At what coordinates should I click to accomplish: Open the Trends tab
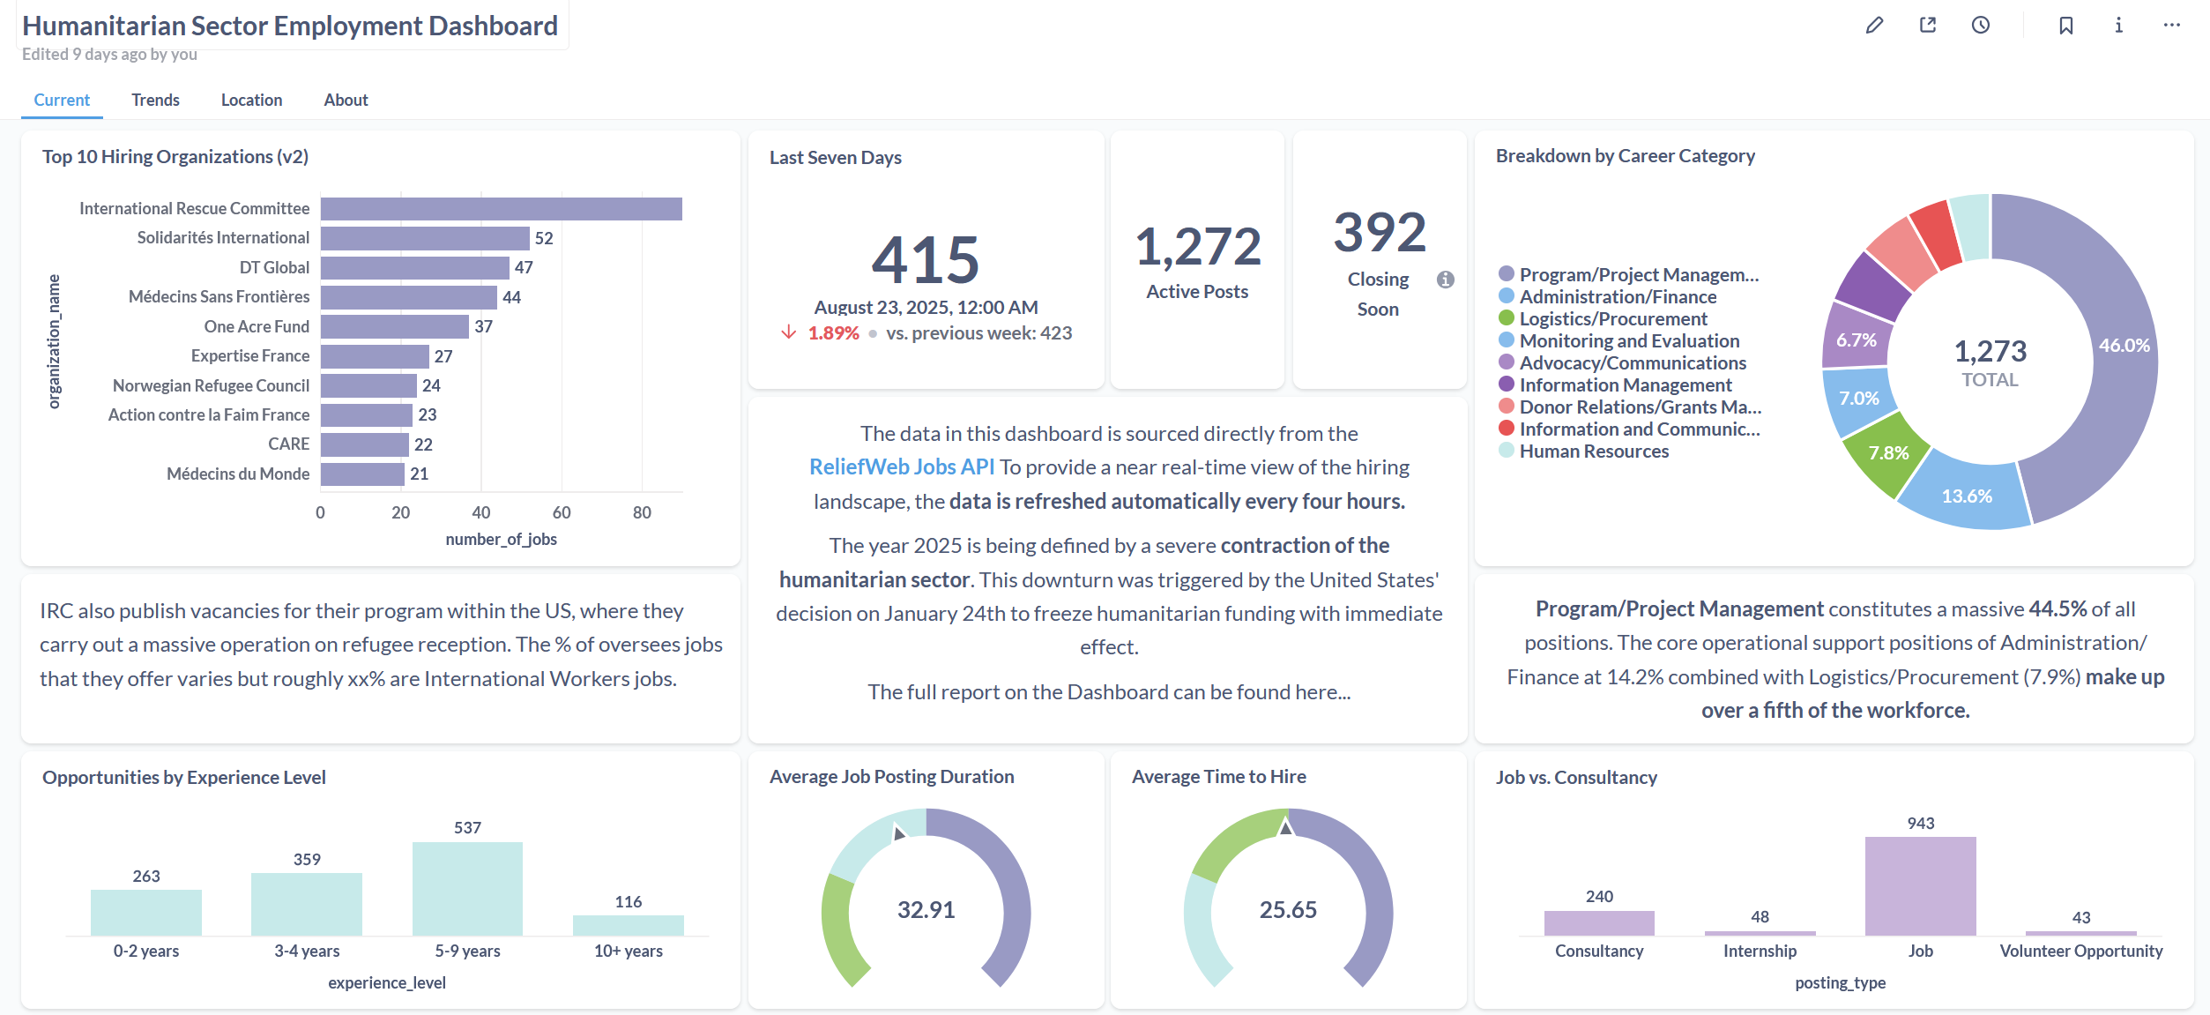[155, 101]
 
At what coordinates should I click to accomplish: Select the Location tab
[251, 101]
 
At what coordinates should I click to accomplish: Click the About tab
[346, 101]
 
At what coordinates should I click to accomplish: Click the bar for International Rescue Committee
[501, 209]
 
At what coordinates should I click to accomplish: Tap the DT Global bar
[414, 268]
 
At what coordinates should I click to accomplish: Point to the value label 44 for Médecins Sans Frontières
[512, 298]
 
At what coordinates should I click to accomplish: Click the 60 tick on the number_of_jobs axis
[562, 513]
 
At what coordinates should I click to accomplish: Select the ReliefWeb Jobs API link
[901, 467]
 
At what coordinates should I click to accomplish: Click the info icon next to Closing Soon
[1446, 280]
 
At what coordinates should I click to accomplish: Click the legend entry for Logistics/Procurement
[1612, 319]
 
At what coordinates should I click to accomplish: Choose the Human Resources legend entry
[1593, 452]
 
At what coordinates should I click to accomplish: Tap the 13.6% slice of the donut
[1967, 496]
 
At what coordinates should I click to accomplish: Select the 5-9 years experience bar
[467, 889]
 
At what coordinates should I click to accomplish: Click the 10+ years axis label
[628, 952]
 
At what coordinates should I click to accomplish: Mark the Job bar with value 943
[1920, 886]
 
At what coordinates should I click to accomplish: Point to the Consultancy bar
[1599, 923]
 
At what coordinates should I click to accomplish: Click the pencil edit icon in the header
[1874, 26]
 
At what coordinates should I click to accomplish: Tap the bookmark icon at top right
[2065, 26]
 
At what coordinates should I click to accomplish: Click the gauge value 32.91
[926, 910]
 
